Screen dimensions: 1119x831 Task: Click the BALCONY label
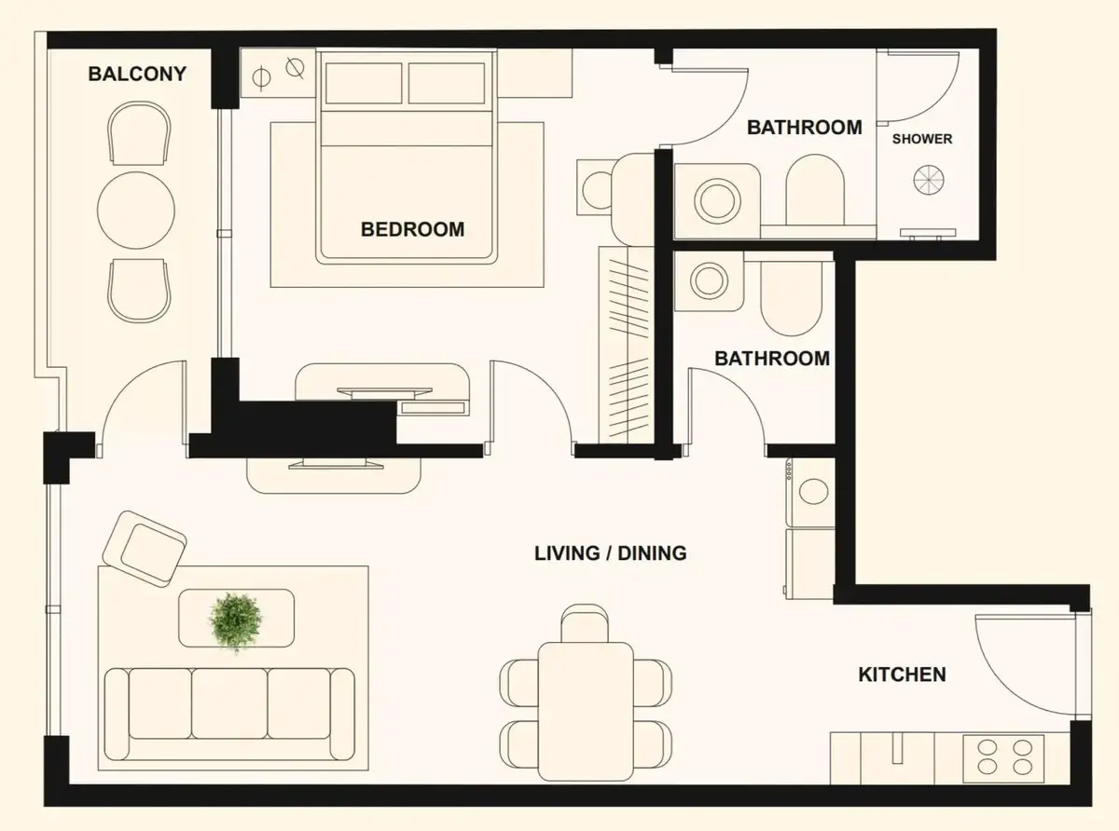pos(137,75)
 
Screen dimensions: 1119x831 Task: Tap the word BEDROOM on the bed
pos(413,229)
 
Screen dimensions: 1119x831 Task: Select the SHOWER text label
pos(922,139)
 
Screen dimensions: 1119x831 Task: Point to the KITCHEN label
pos(902,674)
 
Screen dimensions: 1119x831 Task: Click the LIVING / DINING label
pos(611,553)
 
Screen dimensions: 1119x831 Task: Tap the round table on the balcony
pos(136,211)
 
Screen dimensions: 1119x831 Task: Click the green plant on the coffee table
pos(236,621)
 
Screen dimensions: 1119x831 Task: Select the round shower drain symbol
pos(929,180)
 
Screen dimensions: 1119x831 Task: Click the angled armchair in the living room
pos(145,549)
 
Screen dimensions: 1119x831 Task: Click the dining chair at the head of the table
pos(585,623)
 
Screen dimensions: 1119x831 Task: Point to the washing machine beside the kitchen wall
pos(810,492)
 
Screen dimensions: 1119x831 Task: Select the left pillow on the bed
pos(364,83)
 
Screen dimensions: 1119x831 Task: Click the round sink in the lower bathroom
pos(709,280)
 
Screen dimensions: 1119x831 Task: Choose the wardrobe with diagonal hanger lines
pos(627,345)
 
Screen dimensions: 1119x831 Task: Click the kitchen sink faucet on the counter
pos(896,749)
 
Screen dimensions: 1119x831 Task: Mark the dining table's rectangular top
pos(586,712)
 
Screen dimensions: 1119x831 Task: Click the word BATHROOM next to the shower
pos(805,128)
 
